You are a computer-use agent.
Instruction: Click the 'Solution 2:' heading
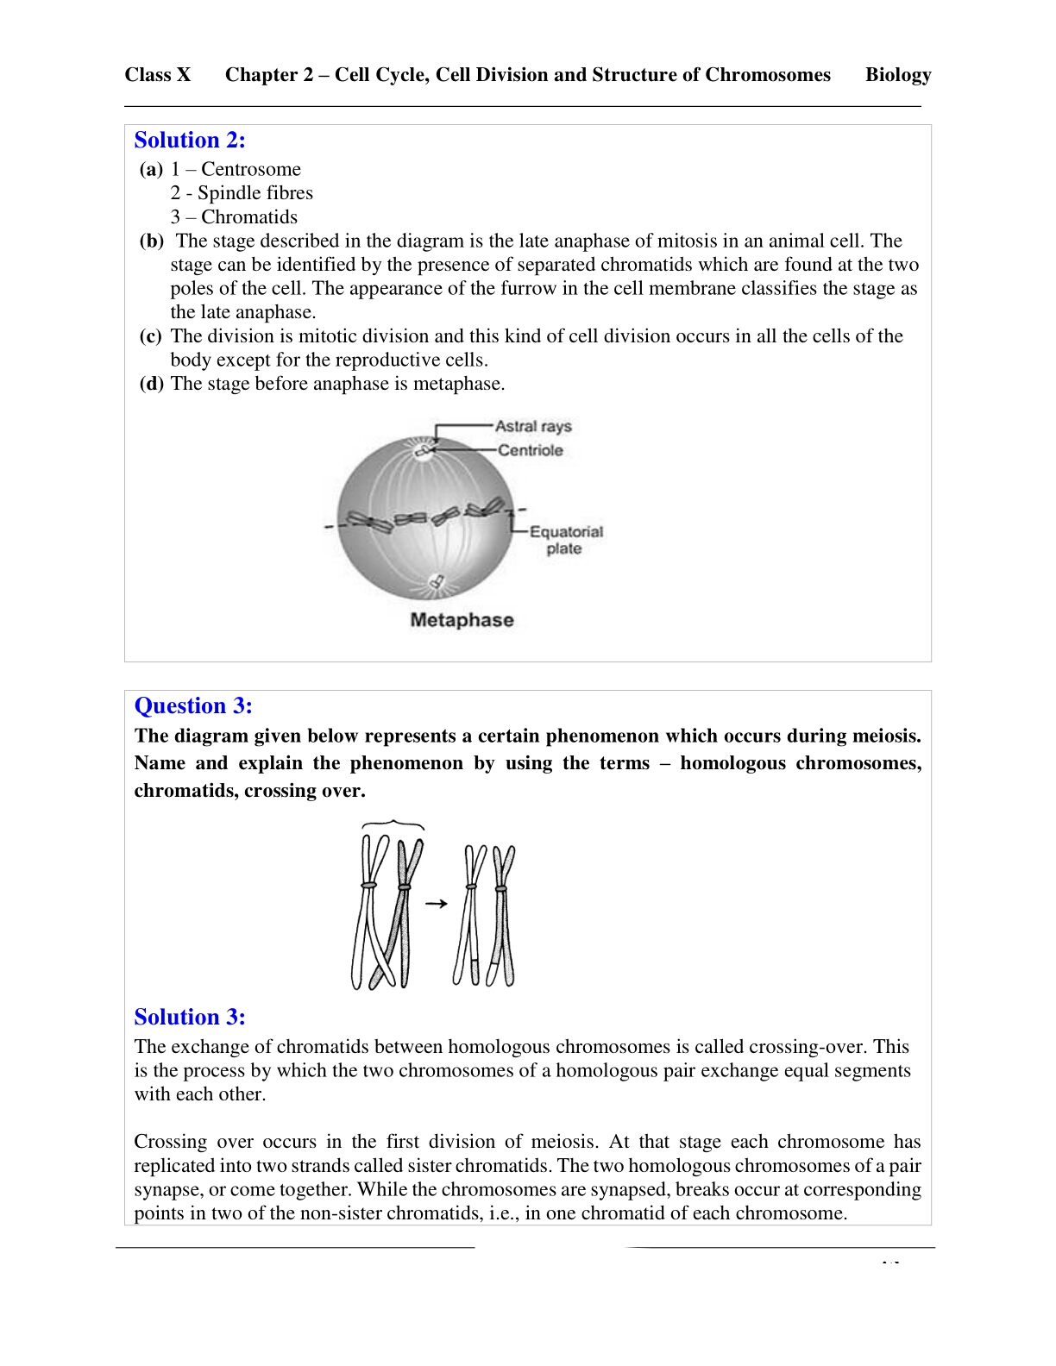tap(190, 141)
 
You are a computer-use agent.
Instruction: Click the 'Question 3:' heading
tap(193, 706)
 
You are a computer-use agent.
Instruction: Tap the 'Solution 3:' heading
tap(190, 1018)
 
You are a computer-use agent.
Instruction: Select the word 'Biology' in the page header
tap(898, 75)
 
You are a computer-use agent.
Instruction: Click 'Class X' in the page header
tap(158, 75)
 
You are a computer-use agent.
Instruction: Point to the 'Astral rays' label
tap(533, 426)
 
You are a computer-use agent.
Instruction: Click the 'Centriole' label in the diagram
tap(530, 450)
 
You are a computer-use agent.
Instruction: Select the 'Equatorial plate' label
tap(565, 540)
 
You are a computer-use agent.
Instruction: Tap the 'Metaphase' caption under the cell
tap(462, 620)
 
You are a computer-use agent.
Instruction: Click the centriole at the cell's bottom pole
tap(437, 582)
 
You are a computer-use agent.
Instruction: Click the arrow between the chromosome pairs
tap(437, 904)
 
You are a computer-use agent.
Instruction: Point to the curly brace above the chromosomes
tap(393, 824)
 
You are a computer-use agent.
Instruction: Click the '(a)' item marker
tap(151, 170)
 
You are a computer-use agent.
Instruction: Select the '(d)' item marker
tap(151, 384)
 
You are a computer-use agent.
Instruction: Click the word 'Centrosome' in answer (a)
tap(251, 170)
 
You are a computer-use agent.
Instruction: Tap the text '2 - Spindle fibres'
tap(242, 193)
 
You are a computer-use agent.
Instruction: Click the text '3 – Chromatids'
tap(234, 217)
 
